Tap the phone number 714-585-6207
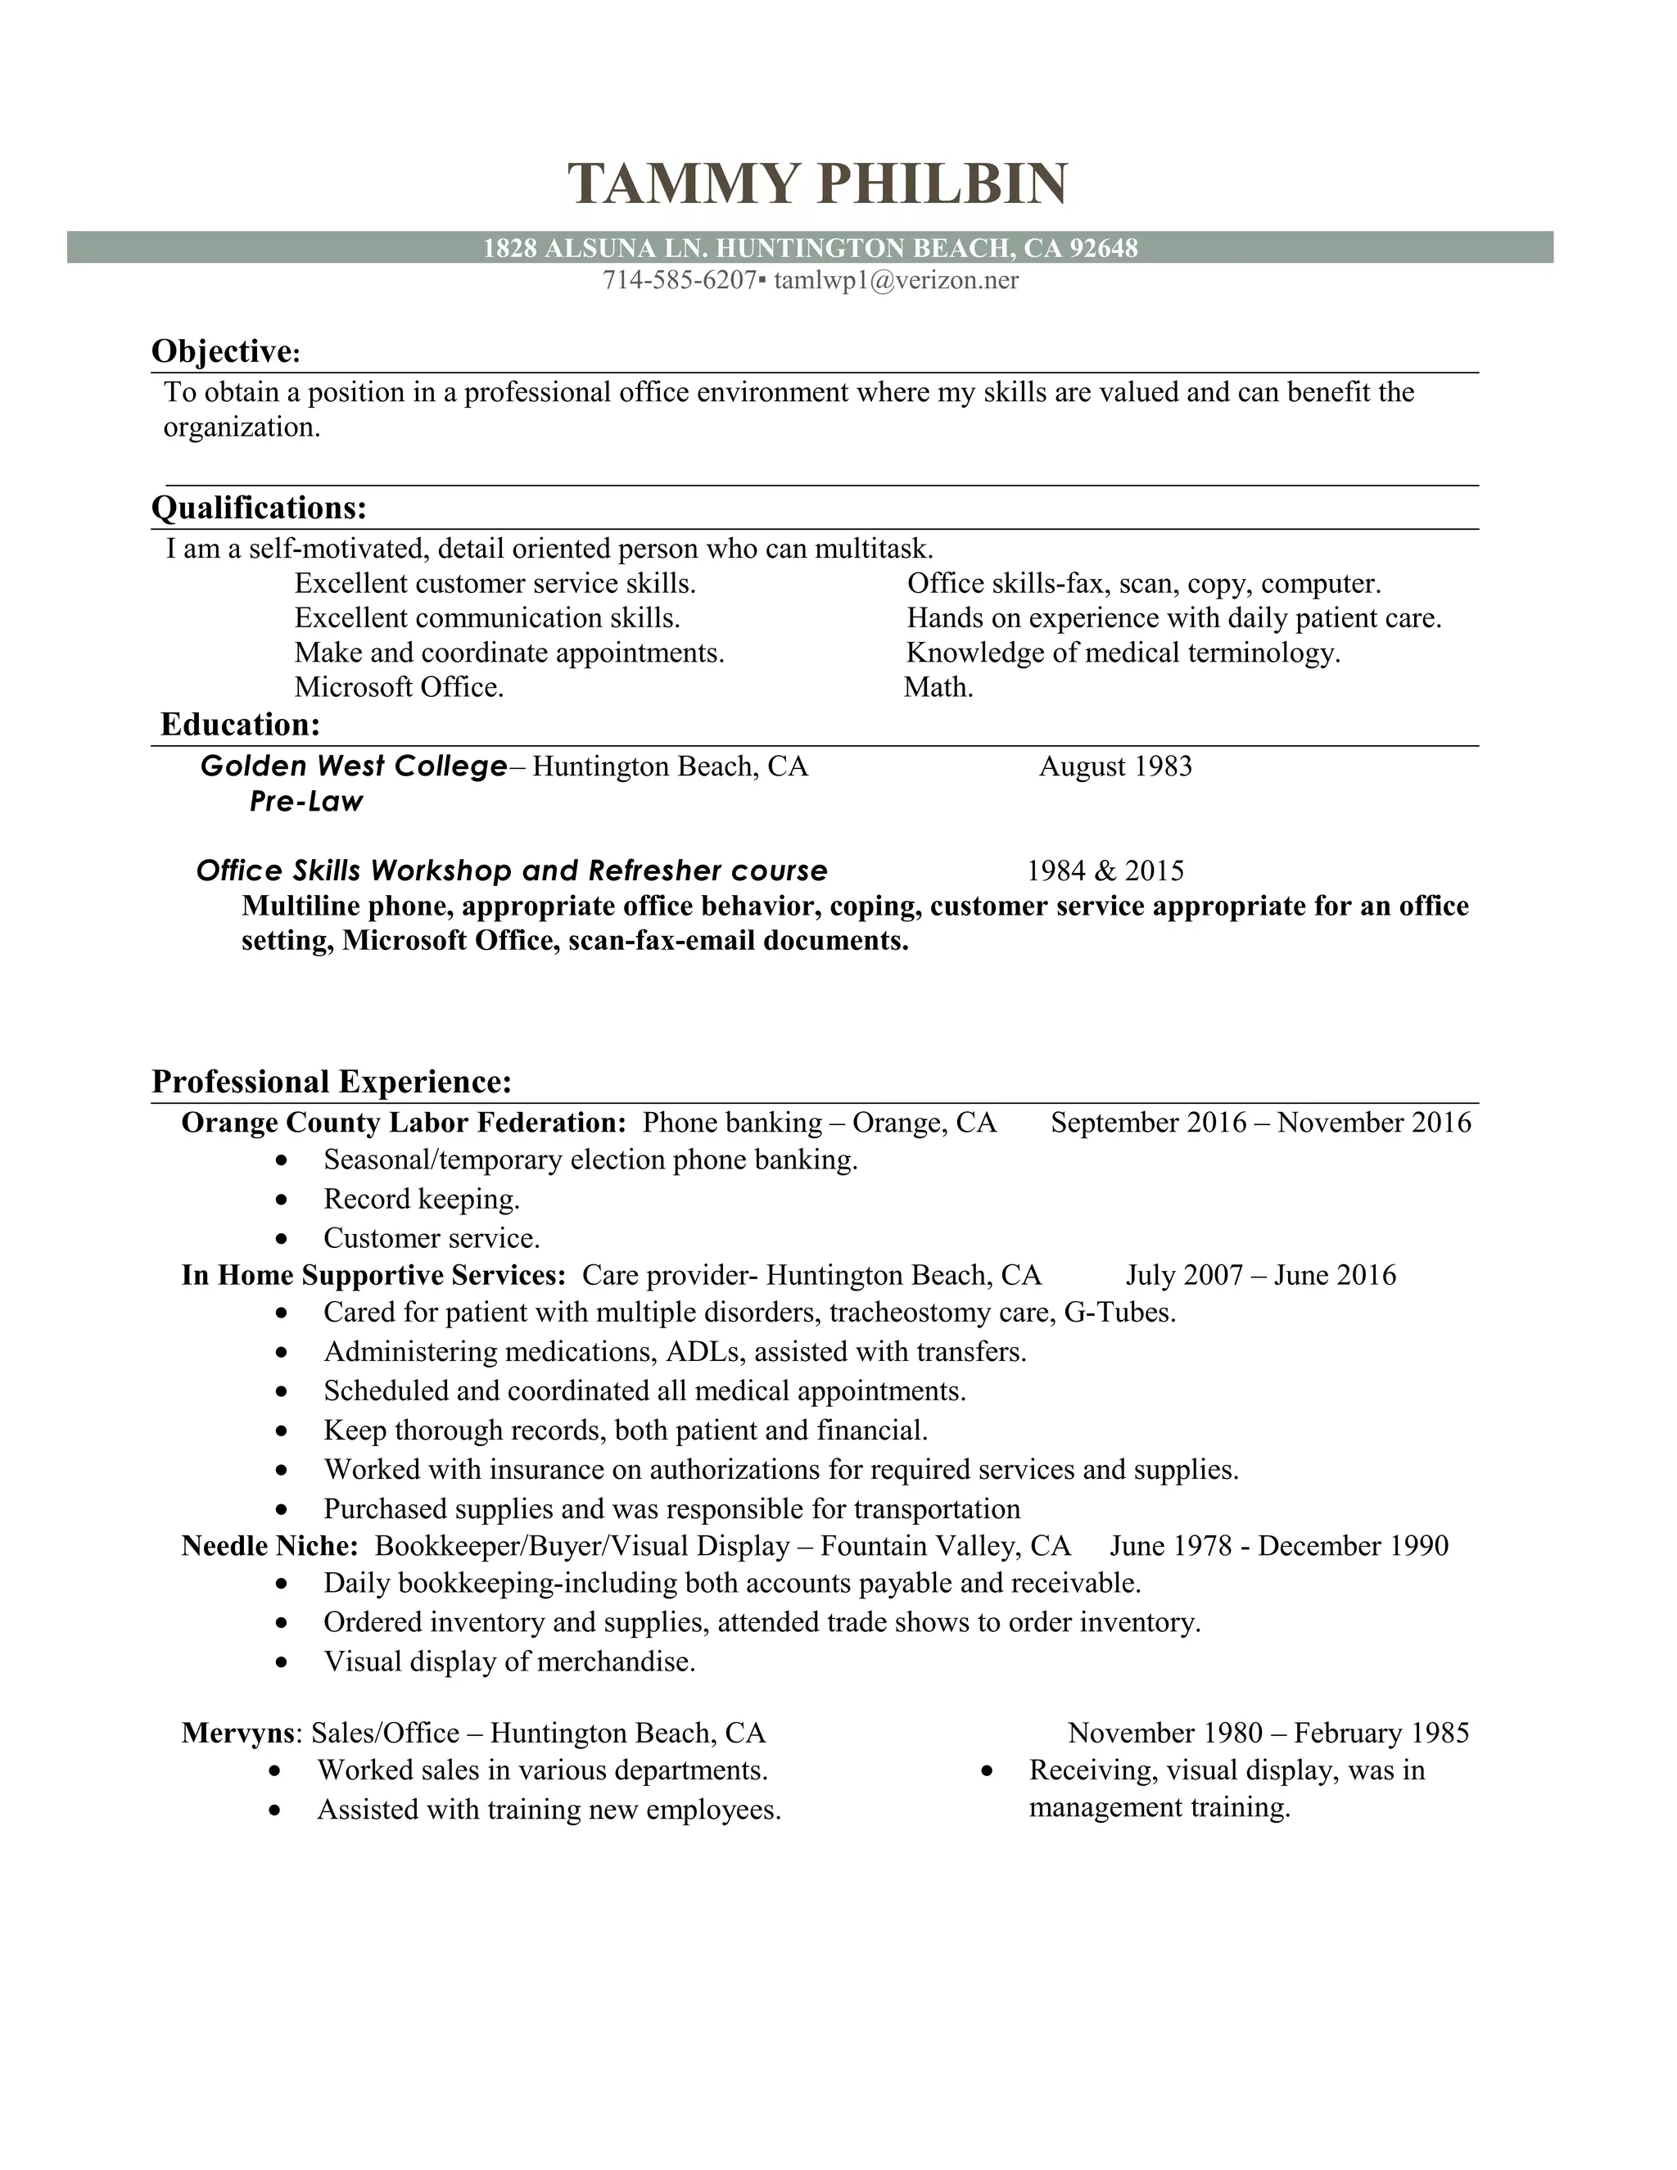[x=680, y=281]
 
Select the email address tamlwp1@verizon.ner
[x=896, y=281]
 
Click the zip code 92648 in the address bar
[x=1103, y=248]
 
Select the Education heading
[x=241, y=725]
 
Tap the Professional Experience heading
[x=332, y=1081]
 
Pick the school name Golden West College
[x=354, y=766]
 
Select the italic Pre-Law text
[x=306, y=802]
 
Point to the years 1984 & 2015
[x=1105, y=871]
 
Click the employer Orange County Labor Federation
[x=402, y=1123]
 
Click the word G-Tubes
[x=1119, y=1313]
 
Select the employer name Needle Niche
[x=269, y=1546]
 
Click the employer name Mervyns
[x=238, y=1734]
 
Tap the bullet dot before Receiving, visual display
[x=987, y=1771]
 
